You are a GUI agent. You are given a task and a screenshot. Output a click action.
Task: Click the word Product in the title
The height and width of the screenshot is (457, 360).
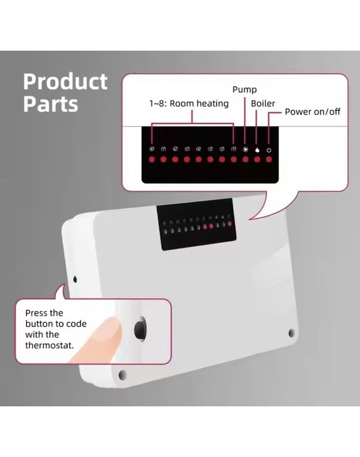coord(65,82)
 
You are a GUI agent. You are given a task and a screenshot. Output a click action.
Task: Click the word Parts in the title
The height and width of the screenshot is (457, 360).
coord(50,104)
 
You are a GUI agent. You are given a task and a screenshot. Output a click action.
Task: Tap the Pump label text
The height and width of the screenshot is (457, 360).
coord(244,90)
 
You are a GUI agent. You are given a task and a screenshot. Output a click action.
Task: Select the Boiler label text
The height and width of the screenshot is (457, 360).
coord(263,104)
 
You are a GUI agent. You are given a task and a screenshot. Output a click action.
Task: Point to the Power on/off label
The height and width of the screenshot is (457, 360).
coord(312,111)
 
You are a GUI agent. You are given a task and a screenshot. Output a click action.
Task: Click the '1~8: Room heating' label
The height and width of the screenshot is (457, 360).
coord(188,104)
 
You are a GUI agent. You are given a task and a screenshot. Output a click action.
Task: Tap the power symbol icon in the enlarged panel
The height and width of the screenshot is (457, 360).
coord(268,150)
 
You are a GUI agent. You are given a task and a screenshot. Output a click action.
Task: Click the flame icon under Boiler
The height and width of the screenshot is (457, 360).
coord(257,150)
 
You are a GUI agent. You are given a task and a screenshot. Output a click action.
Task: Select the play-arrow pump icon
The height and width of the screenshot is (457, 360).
coord(245,150)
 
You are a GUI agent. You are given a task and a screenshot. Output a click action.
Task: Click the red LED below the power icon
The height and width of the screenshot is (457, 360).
coord(268,159)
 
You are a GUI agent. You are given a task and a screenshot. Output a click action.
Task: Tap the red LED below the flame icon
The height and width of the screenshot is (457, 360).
coord(257,159)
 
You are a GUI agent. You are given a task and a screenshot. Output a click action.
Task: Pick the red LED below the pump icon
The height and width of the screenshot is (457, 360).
coord(245,159)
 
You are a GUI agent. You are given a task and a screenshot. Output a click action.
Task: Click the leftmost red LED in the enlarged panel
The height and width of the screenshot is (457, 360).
coord(151,159)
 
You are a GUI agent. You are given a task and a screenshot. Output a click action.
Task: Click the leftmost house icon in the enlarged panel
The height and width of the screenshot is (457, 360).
coord(151,150)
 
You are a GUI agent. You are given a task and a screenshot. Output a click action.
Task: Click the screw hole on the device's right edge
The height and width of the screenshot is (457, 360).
coord(291,333)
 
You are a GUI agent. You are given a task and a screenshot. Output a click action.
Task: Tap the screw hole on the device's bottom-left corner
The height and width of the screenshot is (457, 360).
coord(123,375)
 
